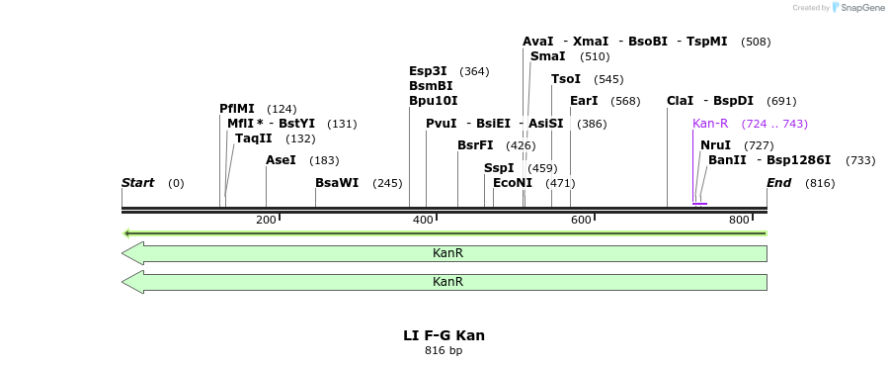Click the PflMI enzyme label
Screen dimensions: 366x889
[x=237, y=109]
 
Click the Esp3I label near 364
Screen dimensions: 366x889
[x=428, y=71]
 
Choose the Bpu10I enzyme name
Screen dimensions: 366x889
[x=433, y=101]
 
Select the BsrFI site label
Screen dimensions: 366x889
[x=475, y=145]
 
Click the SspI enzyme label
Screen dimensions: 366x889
[x=499, y=168]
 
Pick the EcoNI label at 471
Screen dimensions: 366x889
[x=513, y=183]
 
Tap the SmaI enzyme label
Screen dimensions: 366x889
[x=548, y=56]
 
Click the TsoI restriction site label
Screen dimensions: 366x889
[x=566, y=79]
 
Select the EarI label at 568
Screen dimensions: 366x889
[x=584, y=101]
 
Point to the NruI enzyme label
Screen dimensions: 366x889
[x=715, y=145]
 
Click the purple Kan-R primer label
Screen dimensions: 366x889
[x=710, y=124]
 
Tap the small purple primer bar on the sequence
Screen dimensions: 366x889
[x=699, y=204]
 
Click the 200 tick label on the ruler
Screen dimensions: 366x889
[x=266, y=220]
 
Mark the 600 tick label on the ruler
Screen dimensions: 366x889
[x=581, y=220]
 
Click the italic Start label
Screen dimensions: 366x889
[x=138, y=183]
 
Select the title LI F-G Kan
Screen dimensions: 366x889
[x=444, y=335]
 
